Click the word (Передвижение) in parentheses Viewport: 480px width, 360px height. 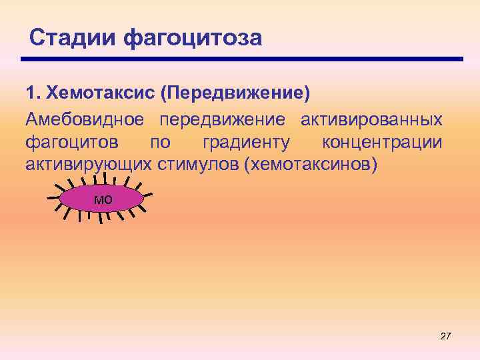pos(235,93)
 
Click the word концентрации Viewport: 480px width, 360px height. pos(381,142)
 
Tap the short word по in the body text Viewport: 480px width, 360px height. pos(160,142)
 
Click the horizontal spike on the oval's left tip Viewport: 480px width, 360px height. pos(53,199)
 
